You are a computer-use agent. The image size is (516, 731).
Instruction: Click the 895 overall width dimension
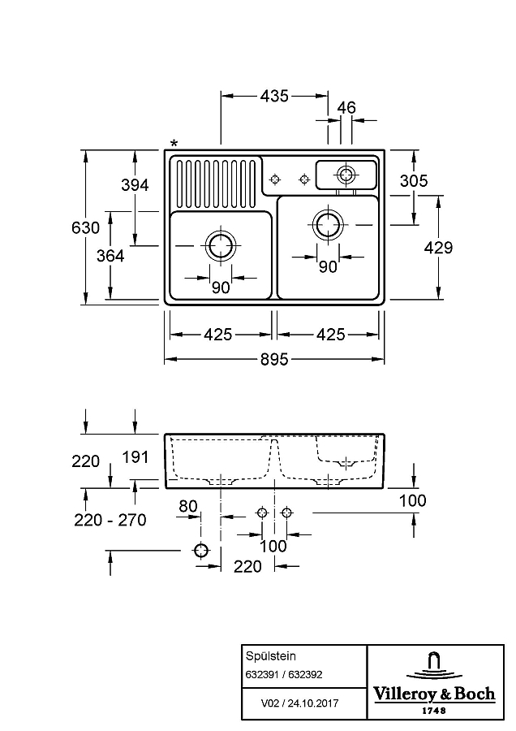coord(274,360)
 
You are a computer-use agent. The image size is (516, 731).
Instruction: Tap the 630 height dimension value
coord(86,227)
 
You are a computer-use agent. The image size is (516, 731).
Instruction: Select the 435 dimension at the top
coord(274,96)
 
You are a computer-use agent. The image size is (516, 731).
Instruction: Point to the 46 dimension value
coord(346,107)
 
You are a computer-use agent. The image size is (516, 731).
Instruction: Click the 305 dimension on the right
coord(414,180)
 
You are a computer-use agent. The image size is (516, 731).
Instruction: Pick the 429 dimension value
coord(438,248)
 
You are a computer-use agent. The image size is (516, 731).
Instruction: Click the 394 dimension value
coord(135,185)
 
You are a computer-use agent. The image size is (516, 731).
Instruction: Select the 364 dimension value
coord(110,256)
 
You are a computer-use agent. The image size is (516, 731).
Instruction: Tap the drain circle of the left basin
coord(220,245)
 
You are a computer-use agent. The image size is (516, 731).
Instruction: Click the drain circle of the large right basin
coord(329,225)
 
